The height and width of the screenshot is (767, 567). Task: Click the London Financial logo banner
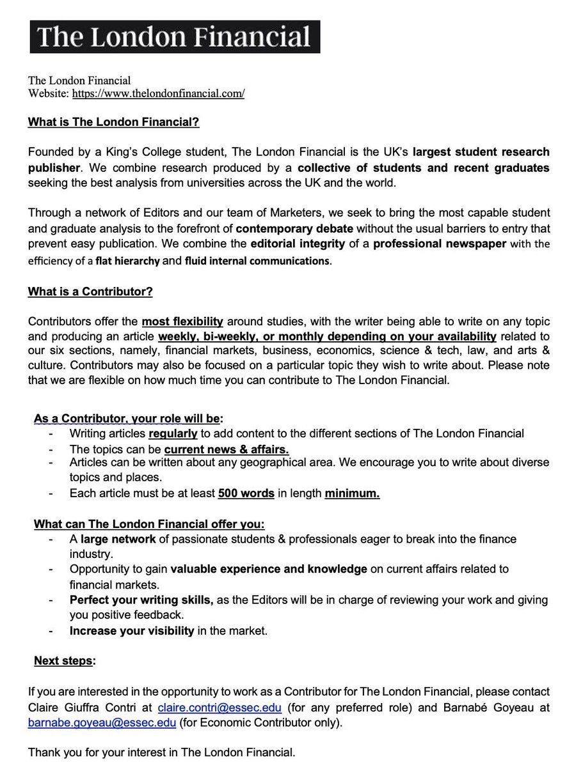[x=174, y=36]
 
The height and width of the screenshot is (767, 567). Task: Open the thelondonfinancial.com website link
[x=158, y=93]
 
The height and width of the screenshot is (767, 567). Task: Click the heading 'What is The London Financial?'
[x=113, y=122]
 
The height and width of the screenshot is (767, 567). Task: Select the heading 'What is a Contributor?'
[x=90, y=292]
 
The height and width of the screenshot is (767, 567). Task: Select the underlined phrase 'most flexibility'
[x=182, y=322]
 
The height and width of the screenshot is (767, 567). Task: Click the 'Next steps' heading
[x=63, y=660]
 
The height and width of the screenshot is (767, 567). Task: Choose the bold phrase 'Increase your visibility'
[x=132, y=631]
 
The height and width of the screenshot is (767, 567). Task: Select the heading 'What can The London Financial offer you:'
[x=148, y=523]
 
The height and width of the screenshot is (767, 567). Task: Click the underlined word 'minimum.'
[x=352, y=493]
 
